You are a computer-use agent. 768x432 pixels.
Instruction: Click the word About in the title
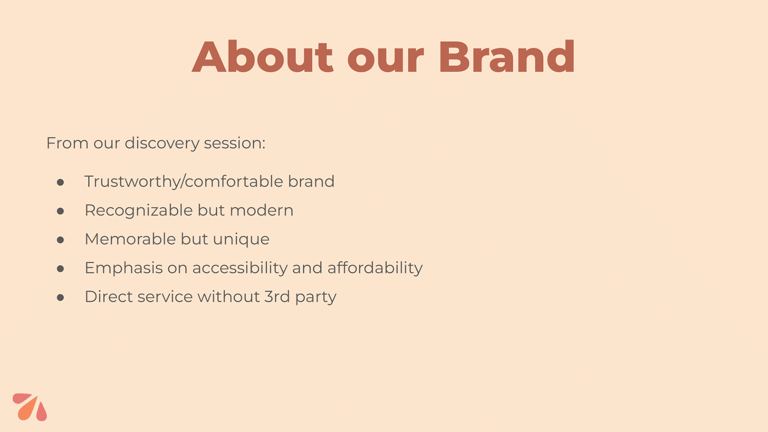tap(262, 57)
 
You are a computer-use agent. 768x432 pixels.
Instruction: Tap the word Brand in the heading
tap(507, 57)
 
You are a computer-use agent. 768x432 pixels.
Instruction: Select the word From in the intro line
tap(67, 143)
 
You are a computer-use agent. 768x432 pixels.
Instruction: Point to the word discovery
tap(162, 144)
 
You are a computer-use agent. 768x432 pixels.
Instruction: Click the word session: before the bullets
tap(234, 143)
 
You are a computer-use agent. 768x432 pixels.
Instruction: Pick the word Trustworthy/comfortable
tap(184, 182)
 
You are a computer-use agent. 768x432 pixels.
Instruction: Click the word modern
tap(262, 210)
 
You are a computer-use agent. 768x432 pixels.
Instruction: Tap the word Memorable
tap(130, 239)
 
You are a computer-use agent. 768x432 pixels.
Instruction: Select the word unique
tap(241, 240)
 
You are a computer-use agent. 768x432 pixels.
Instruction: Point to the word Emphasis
tap(124, 268)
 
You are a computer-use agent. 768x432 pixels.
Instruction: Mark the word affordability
tap(375, 268)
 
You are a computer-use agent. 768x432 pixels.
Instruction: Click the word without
tap(229, 297)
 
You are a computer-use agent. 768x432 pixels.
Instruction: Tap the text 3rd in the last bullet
tap(277, 297)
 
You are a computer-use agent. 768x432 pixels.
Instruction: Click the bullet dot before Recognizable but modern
tap(60, 211)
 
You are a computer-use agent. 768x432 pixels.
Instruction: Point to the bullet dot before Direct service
tap(60, 298)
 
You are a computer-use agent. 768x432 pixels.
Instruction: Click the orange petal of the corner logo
tap(28, 408)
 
